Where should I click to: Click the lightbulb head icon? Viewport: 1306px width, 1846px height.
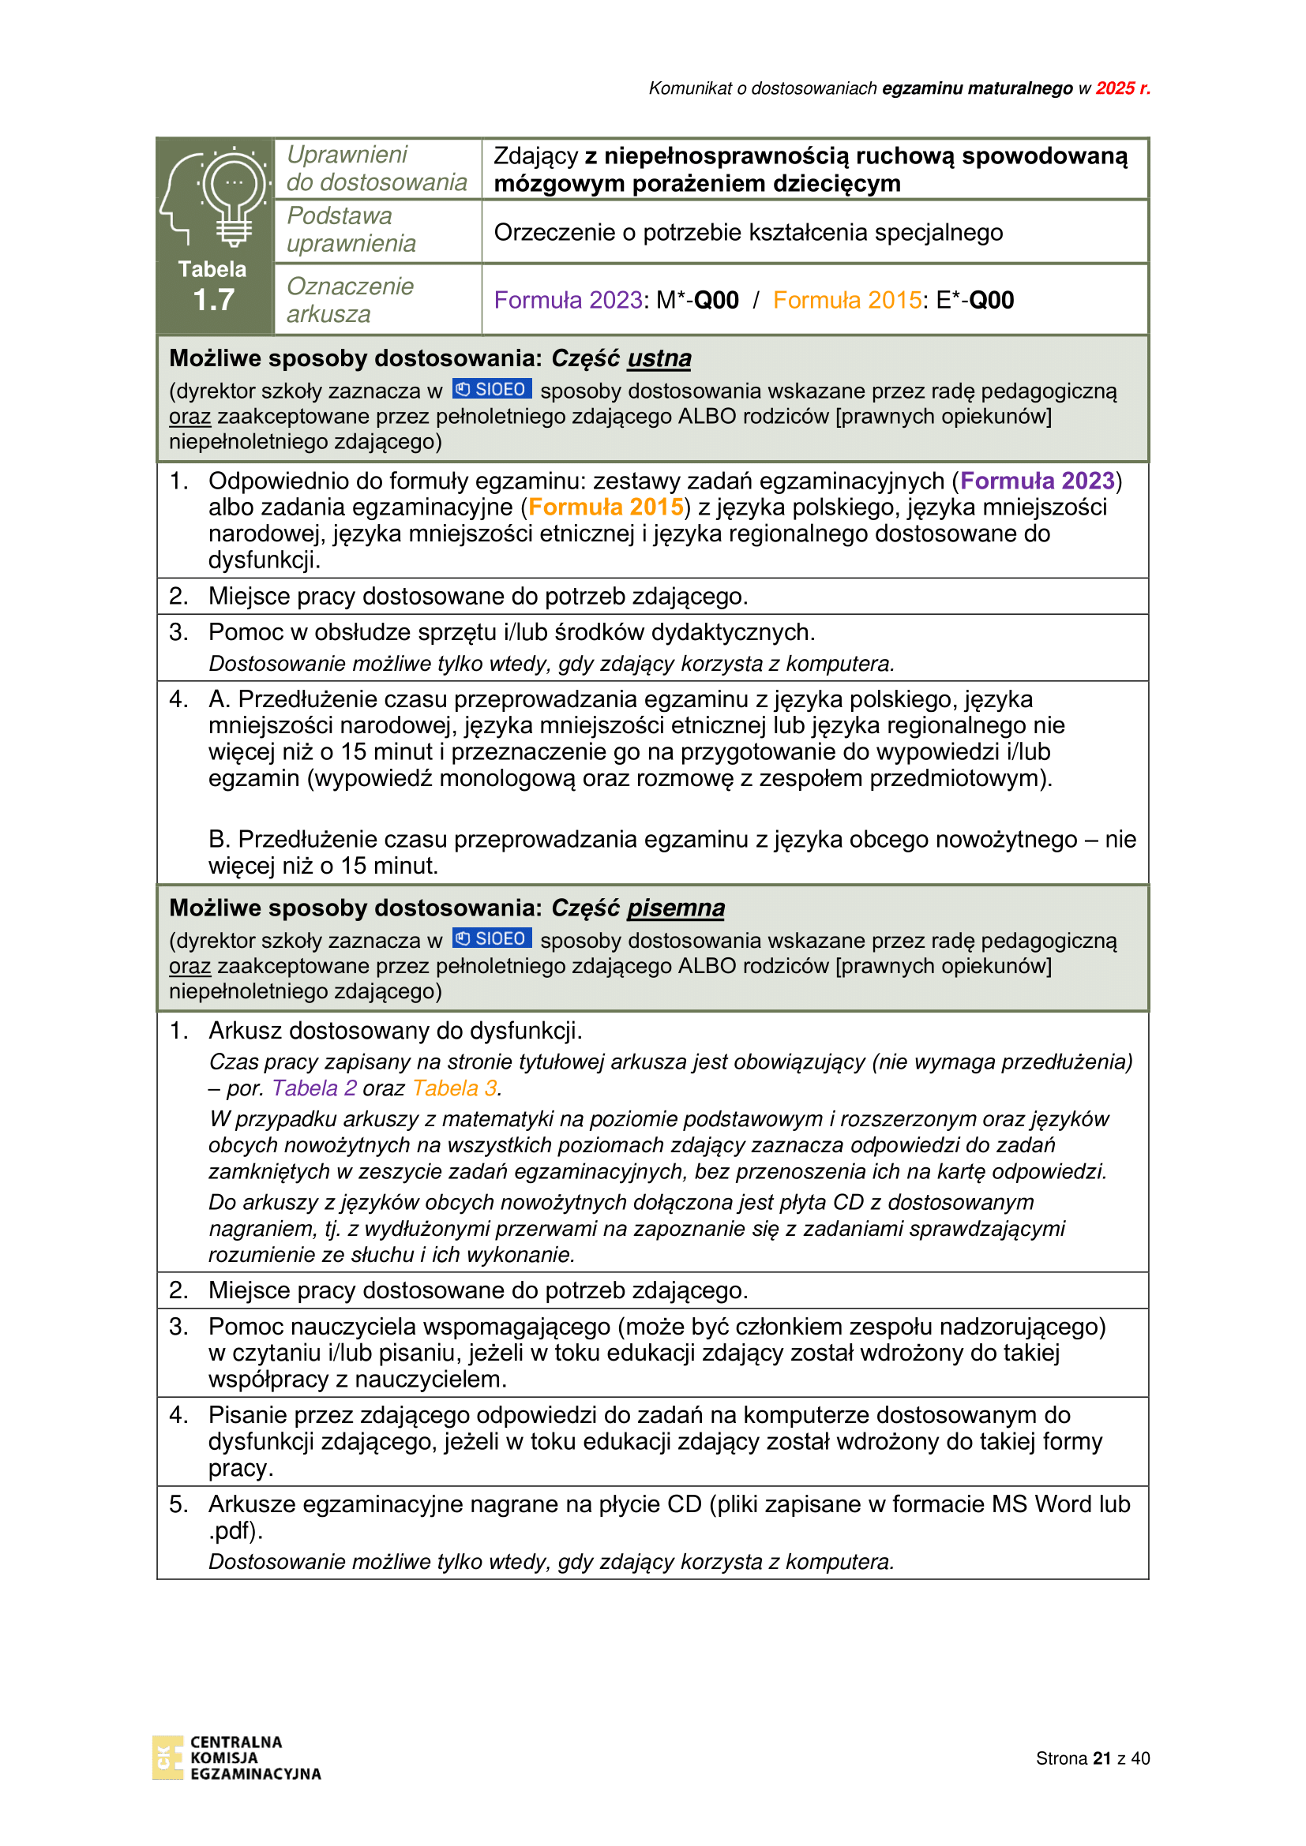[x=214, y=198]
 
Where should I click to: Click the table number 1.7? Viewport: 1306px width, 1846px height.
[x=214, y=300]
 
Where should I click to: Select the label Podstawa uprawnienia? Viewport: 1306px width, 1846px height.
[x=351, y=230]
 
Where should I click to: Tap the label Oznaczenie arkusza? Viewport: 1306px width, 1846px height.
[x=350, y=300]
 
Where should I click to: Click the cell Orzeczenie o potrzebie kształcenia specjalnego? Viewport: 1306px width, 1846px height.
[x=748, y=232]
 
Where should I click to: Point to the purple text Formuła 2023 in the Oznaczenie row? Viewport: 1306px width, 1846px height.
[x=569, y=301]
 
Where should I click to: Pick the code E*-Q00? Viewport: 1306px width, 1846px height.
[x=974, y=301]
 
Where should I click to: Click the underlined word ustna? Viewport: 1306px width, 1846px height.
[x=659, y=358]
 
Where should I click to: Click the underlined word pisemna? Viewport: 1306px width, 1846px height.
[x=676, y=908]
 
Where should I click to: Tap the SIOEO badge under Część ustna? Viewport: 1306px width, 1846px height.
[x=491, y=390]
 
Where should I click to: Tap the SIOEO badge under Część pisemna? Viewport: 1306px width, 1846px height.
[x=491, y=939]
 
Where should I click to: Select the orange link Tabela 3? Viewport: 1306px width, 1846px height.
[x=455, y=1088]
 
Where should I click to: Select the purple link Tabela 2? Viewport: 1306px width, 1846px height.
[x=314, y=1088]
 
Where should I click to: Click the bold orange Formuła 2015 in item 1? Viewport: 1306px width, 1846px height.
[x=606, y=507]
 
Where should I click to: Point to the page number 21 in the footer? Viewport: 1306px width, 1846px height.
[x=1101, y=1758]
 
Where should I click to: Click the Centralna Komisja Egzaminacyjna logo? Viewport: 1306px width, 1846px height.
[x=236, y=1758]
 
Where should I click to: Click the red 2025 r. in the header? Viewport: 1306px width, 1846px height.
[x=1123, y=88]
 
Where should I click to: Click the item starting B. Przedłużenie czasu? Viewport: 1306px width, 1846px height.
[x=671, y=852]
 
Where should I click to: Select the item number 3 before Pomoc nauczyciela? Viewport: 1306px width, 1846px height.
[x=178, y=1327]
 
